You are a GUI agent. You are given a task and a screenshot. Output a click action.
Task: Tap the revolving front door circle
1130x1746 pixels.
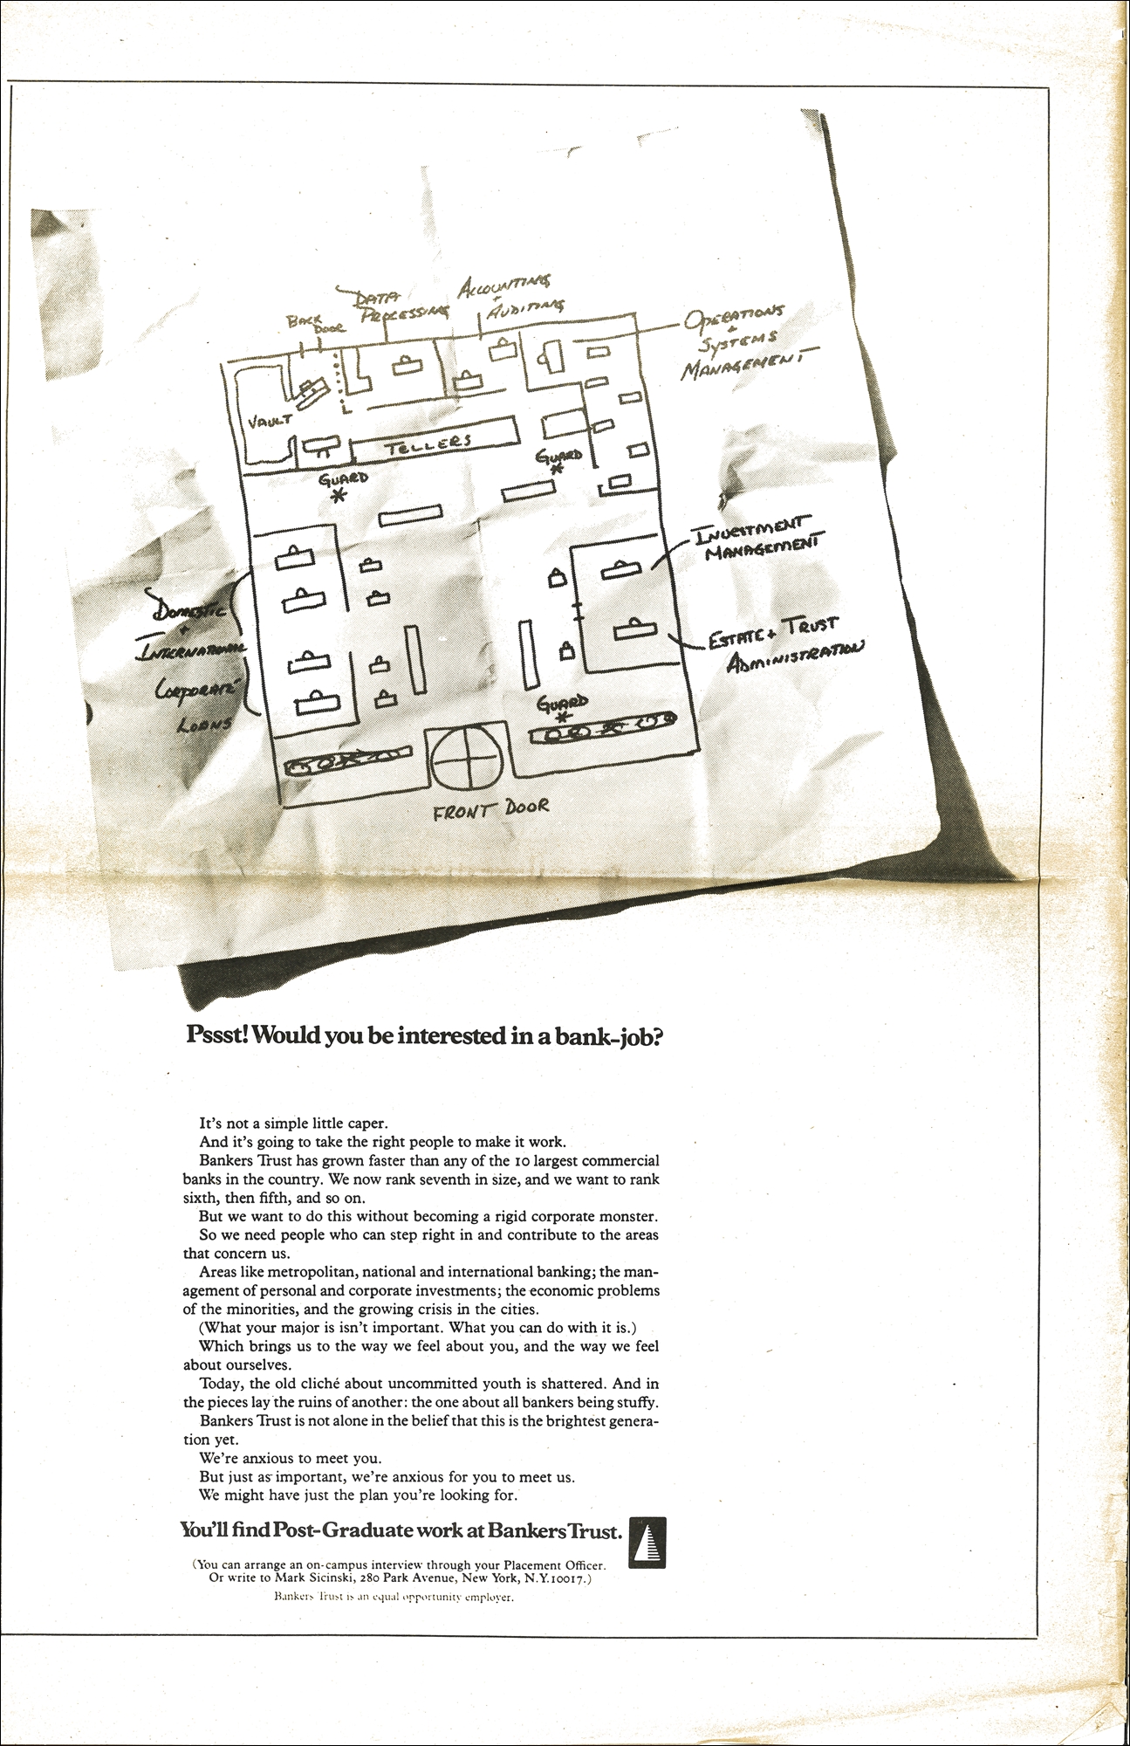coord(466,756)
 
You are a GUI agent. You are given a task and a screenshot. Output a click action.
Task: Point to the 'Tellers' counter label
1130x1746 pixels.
coord(429,444)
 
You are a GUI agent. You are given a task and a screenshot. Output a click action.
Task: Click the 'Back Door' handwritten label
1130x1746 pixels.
coord(317,324)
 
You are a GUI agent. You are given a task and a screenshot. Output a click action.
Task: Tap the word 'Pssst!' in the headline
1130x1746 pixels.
coord(218,1036)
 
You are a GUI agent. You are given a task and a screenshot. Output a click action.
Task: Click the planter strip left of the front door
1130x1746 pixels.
coord(349,761)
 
